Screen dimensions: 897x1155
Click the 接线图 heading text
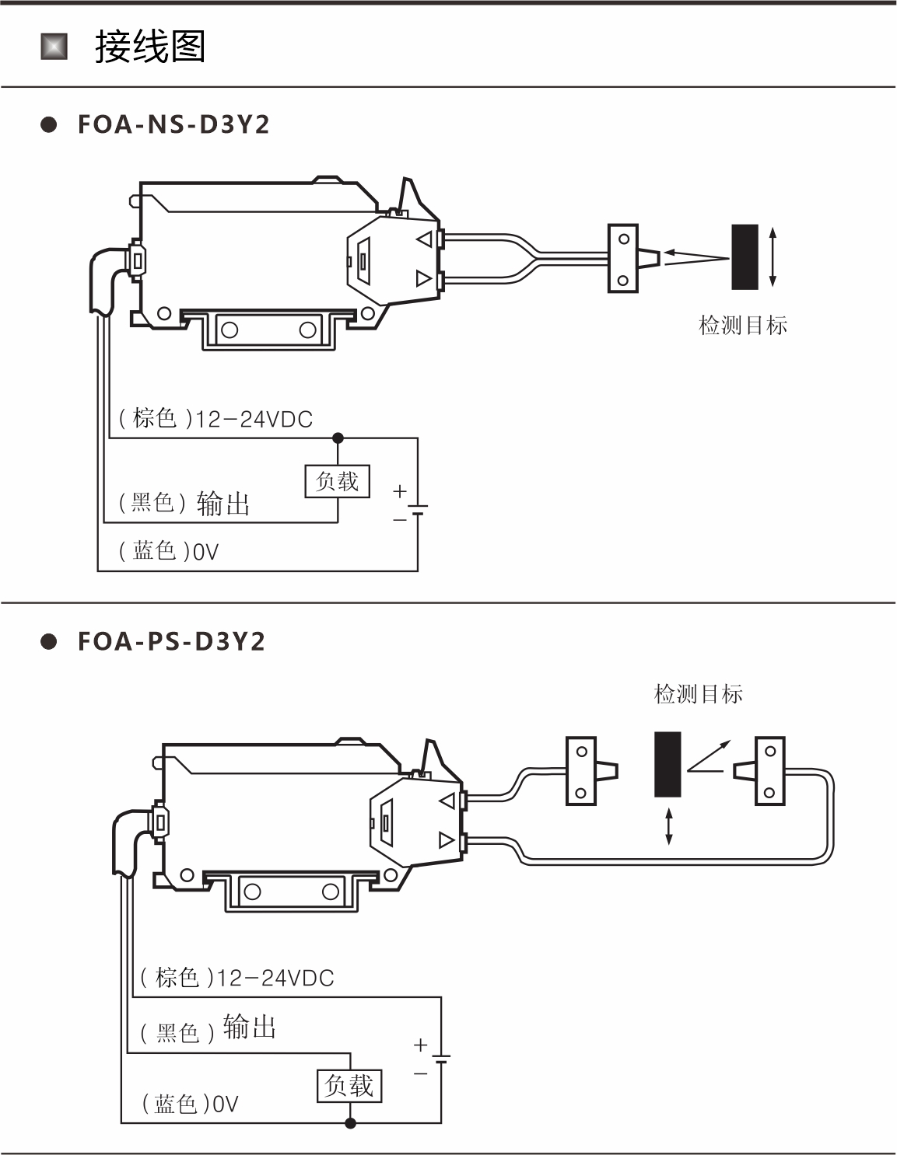click(x=150, y=47)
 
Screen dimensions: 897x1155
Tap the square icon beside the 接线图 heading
click(x=54, y=47)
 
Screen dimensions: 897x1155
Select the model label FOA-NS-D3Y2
click(x=173, y=124)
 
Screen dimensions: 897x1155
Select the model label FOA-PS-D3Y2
click(x=171, y=641)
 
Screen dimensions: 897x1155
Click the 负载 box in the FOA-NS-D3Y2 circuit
click(x=338, y=482)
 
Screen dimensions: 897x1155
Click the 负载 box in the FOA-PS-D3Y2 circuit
click(x=349, y=1086)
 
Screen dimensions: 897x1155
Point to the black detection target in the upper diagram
click(x=745, y=257)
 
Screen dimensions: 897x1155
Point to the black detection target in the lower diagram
click(x=667, y=764)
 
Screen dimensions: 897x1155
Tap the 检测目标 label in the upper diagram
click(x=743, y=326)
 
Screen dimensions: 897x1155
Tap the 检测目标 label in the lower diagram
click(x=698, y=694)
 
